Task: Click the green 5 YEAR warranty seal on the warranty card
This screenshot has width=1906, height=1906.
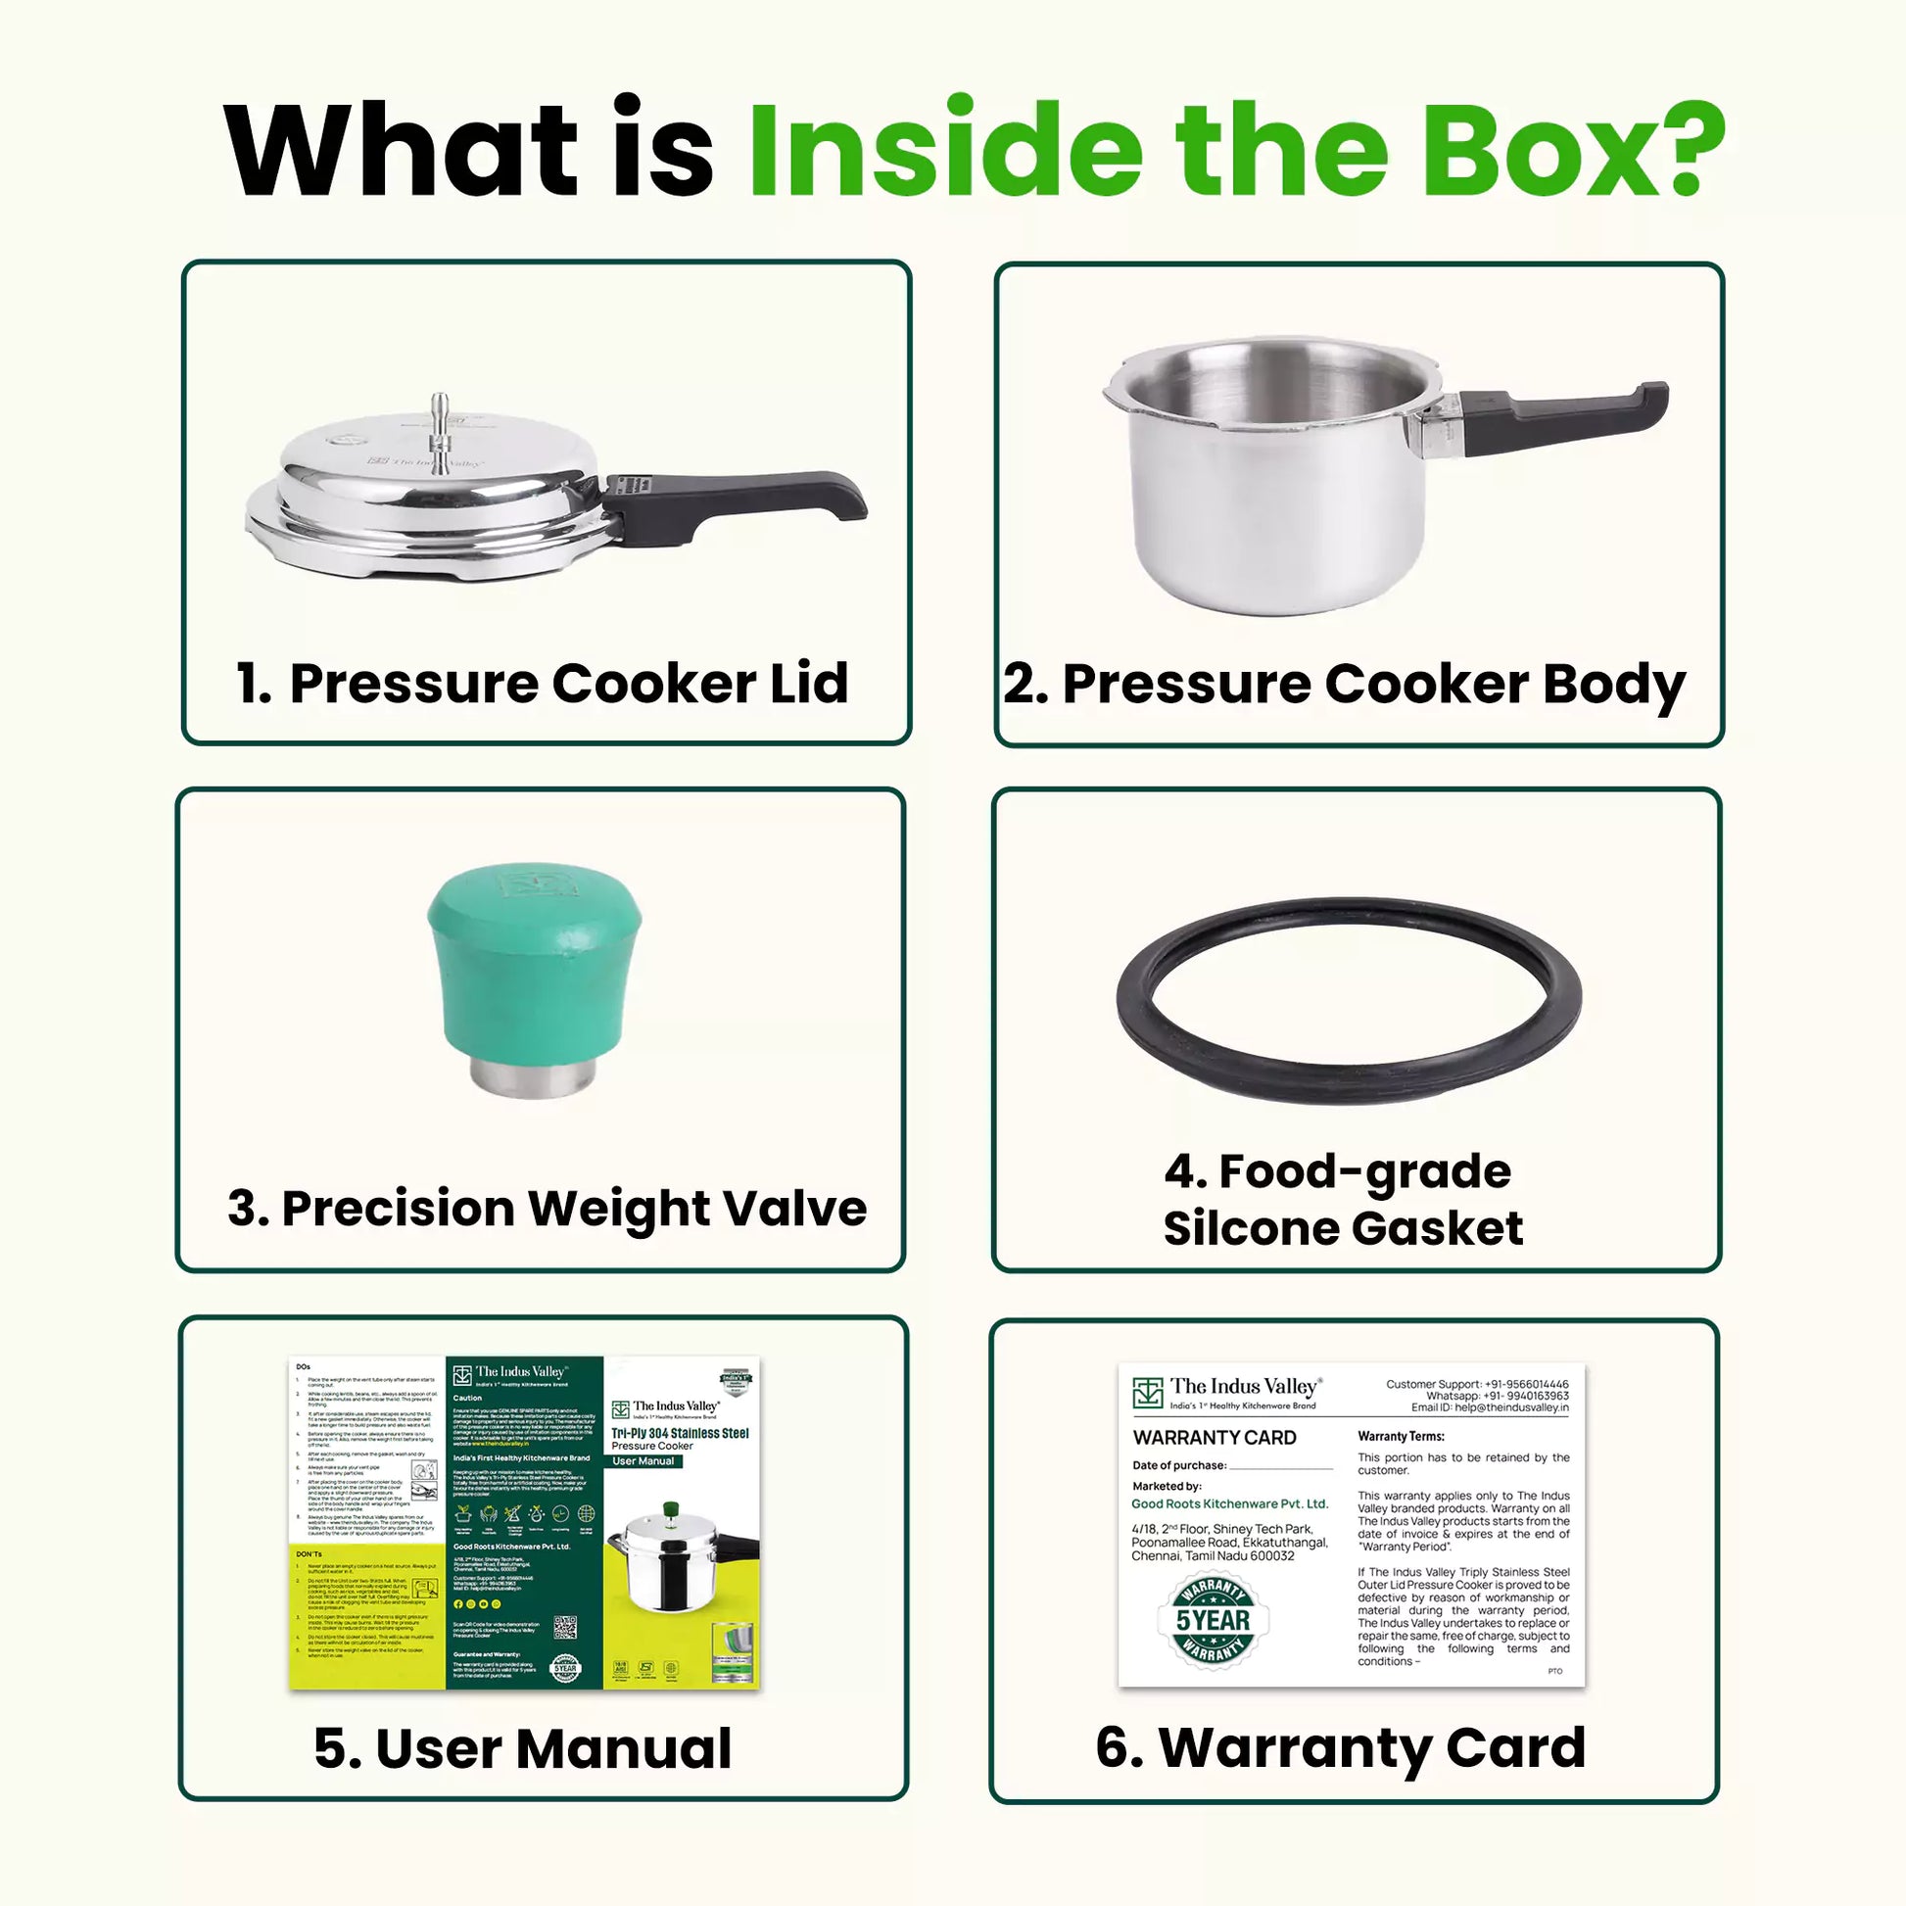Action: pyautogui.click(x=1213, y=1620)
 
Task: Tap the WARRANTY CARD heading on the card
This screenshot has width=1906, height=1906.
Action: pyautogui.click(x=1215, y=1439)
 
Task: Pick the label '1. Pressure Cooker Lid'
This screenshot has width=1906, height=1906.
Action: pyautogui.click(x=543, y=683)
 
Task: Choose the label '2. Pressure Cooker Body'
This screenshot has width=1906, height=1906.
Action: pyautogui.click(x=1345, y=683)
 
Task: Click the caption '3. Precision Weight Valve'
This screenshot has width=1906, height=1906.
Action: pyautogui.click(x=547, y=1208)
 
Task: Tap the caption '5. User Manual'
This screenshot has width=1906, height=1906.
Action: pyautogui.click(x=523, y=1748)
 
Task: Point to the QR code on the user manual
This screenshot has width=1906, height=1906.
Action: pyautogui.click(x=565, y=1627)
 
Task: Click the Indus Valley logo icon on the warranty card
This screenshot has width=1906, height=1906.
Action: pyautogui.click(x=1147, y=1392)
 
